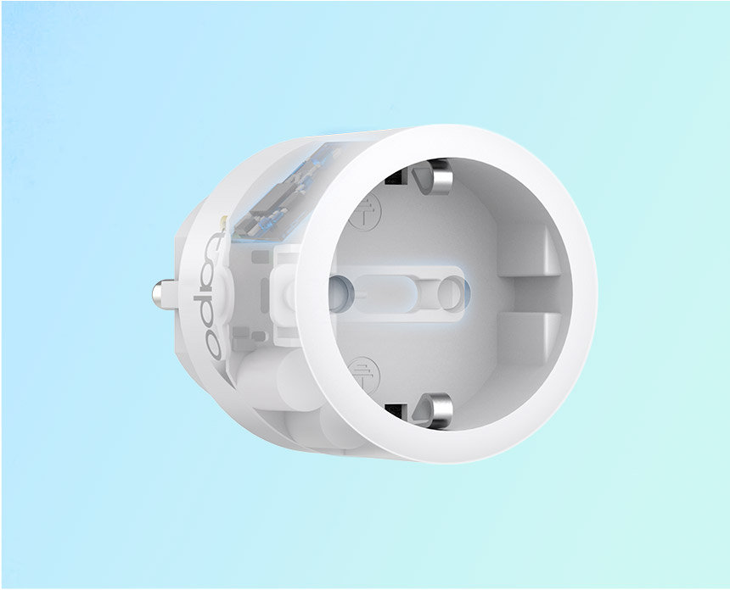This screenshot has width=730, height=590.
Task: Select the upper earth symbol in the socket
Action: tap(365, 212)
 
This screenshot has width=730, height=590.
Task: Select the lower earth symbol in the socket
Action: tap(364, 375)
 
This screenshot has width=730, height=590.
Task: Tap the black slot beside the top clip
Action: tap(396, 176)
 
